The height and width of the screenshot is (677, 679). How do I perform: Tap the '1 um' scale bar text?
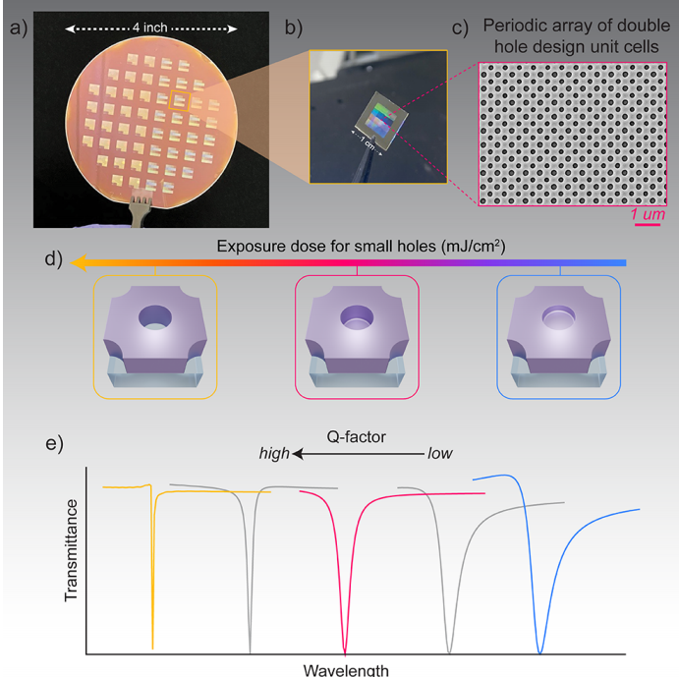(645, 213)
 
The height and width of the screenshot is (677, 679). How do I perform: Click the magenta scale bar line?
(645, 225)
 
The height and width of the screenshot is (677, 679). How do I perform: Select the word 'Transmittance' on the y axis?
(71, 549)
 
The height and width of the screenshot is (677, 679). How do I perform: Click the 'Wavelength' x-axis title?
(345, 670)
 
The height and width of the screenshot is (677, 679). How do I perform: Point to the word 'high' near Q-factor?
(274, 454)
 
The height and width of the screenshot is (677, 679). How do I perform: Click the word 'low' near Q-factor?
(438, 454)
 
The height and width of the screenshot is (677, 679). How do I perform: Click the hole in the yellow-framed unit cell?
(154, 316)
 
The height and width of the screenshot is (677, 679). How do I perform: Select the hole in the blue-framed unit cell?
(558, 315)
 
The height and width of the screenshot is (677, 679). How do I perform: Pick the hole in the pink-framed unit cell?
(357, 315)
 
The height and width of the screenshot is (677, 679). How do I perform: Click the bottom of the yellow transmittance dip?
(152, 646)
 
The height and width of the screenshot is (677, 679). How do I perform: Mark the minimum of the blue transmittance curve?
(539, 649)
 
